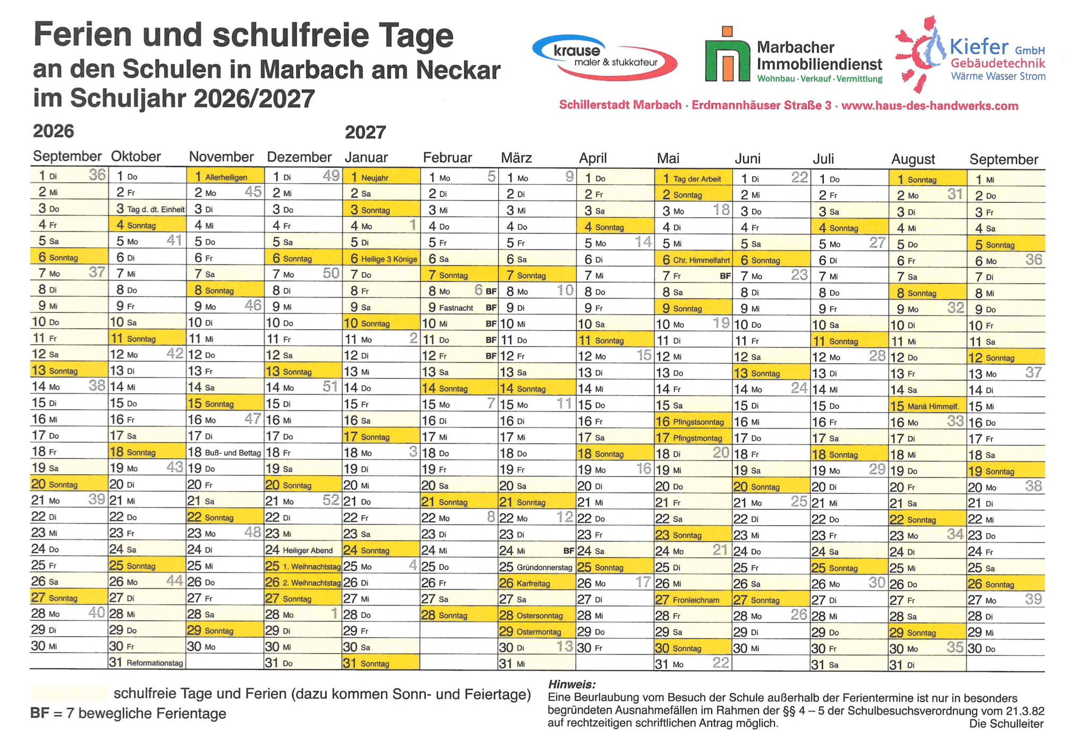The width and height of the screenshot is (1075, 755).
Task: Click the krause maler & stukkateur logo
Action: (604, 57)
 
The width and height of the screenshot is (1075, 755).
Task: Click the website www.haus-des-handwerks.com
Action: (929, 106)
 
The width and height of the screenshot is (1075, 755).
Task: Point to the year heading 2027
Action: (365, 132)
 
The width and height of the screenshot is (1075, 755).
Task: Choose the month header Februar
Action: (447, 158)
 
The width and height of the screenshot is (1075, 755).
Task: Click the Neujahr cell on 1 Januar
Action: (381, 177)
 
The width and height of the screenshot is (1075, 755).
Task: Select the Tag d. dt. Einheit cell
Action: (147, 209)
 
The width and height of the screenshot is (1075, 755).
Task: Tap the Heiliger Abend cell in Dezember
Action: (303, 550)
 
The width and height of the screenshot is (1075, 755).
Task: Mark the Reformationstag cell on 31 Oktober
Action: (147, 663)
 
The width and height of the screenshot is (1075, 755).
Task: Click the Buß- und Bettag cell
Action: (225, 452)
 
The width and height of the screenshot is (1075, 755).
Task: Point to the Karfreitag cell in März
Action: (536, 583)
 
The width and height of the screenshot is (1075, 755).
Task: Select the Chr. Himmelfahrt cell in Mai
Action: (693, 260)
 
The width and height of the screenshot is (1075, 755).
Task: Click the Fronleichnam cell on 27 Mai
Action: (693, 600)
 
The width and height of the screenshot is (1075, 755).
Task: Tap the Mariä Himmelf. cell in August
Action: (927, 406)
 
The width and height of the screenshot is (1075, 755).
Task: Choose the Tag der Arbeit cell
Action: (693, 178)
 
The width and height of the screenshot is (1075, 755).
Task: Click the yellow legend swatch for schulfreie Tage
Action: (69, 693)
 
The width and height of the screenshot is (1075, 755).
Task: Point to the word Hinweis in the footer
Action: (571, 684)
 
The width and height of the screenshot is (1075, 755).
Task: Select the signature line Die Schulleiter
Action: (1006, 724)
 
